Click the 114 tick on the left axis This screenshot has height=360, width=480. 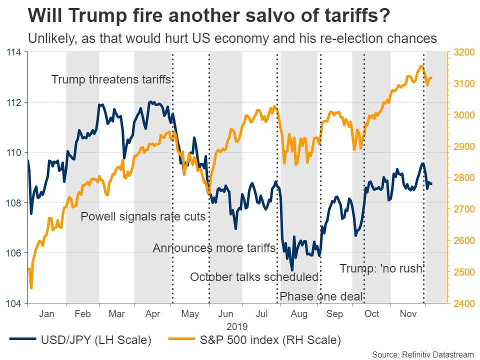14,52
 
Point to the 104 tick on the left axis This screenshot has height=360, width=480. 14,303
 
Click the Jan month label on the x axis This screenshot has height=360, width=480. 46,314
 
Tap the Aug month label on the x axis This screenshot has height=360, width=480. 299,314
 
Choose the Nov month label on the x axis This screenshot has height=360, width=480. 408,314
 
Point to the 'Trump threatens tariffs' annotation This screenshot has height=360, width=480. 111,80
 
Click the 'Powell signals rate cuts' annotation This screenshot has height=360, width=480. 143,216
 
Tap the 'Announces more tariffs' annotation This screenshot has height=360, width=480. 214,248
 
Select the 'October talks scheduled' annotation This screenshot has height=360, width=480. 254,277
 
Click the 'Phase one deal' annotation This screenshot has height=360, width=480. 321,296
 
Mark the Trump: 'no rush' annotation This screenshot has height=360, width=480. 381,268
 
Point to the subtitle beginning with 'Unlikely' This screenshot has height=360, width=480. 232,38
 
